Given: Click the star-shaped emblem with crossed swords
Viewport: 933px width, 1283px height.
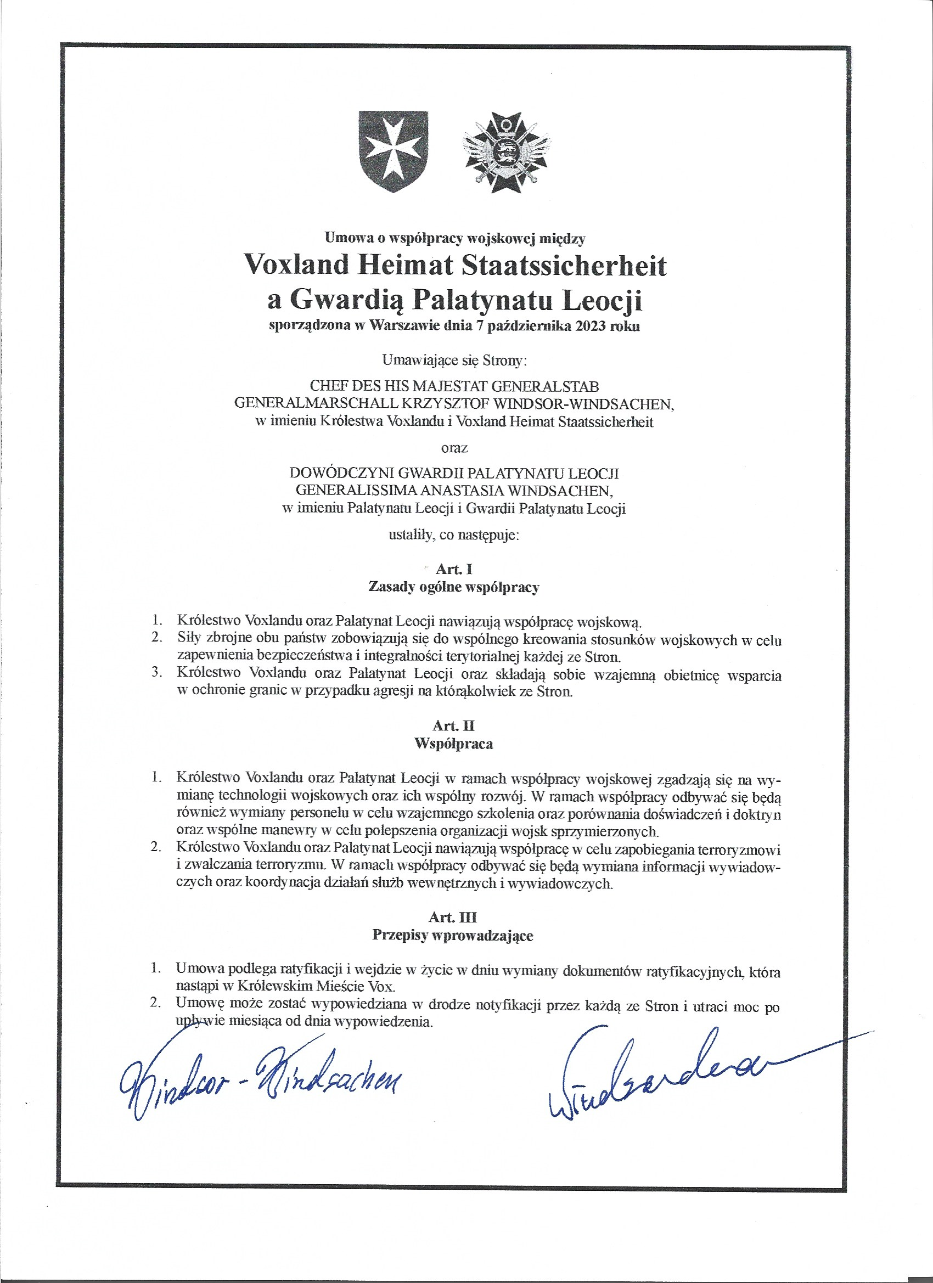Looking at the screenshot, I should (506, 153).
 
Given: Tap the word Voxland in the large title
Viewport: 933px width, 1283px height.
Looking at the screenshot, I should (291, 265).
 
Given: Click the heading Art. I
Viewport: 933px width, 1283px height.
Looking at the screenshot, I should (454, 569).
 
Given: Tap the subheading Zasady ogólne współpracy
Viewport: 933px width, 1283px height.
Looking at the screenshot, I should (453, 587).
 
